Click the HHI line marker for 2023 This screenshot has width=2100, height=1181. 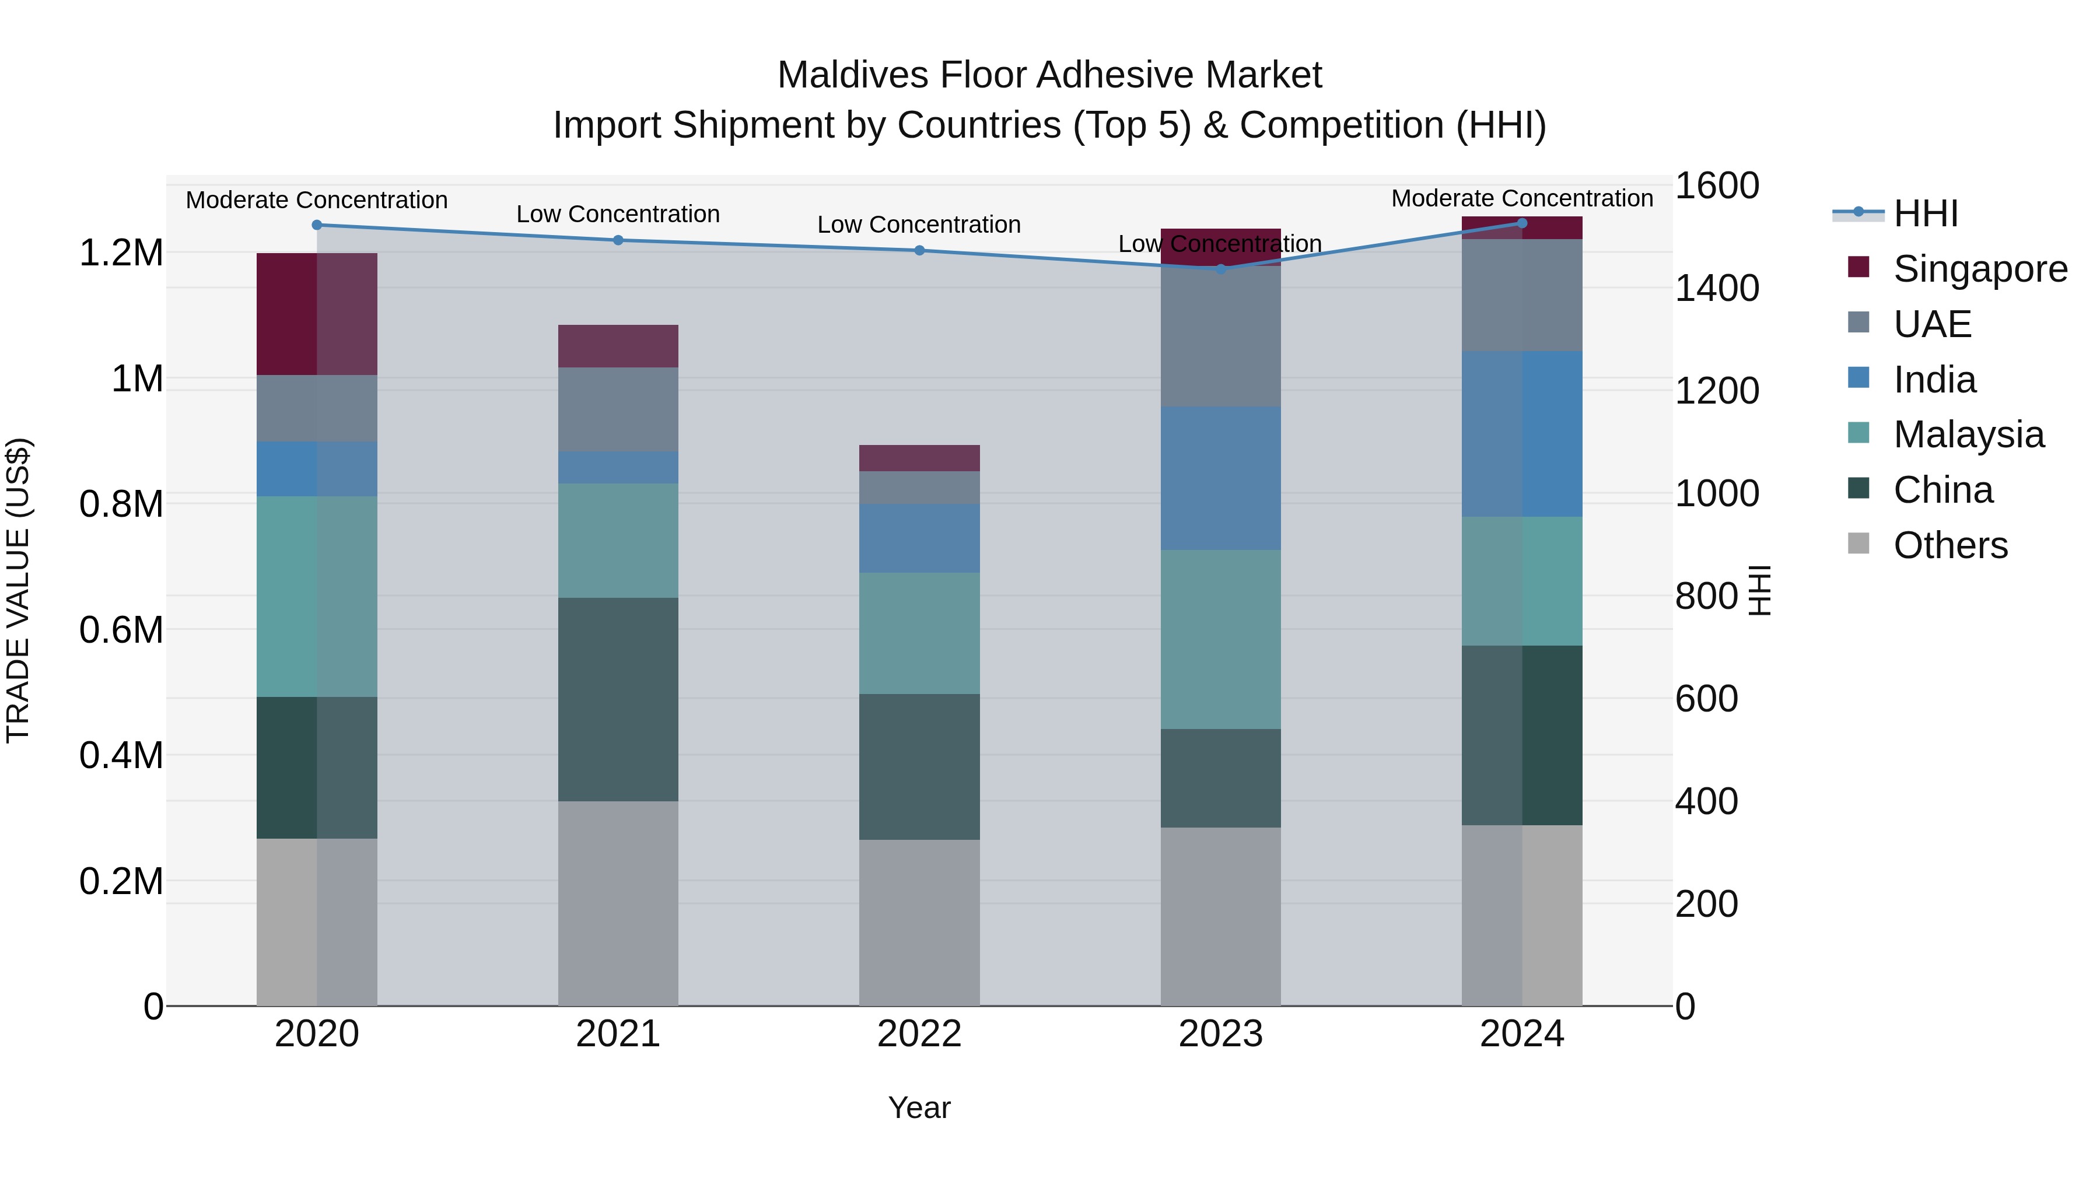point(1220,269)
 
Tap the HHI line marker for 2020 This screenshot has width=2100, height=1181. point(317,225)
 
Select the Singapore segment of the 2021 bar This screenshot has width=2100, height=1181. point(618,346)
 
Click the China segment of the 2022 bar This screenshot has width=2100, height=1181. point(919,766)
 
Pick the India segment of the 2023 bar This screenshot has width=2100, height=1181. point(1220,478)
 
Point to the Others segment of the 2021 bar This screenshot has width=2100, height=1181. point(618,903)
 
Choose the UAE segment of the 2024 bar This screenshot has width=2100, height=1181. point(1521,295)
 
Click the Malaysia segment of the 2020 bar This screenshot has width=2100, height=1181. point(317,596)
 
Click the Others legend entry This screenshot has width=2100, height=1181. point(1949,545)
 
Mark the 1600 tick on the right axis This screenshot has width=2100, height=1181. point(1716,186)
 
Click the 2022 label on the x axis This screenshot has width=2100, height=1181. point(919,1034)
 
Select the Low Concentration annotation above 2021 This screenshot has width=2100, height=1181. point(618,215)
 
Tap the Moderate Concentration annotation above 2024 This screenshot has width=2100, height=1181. point(1521,198)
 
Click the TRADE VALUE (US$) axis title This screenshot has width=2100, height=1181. point(18,590)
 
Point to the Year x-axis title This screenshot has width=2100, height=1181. point(919,1108)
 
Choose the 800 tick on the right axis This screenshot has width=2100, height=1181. point(1706,597)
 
